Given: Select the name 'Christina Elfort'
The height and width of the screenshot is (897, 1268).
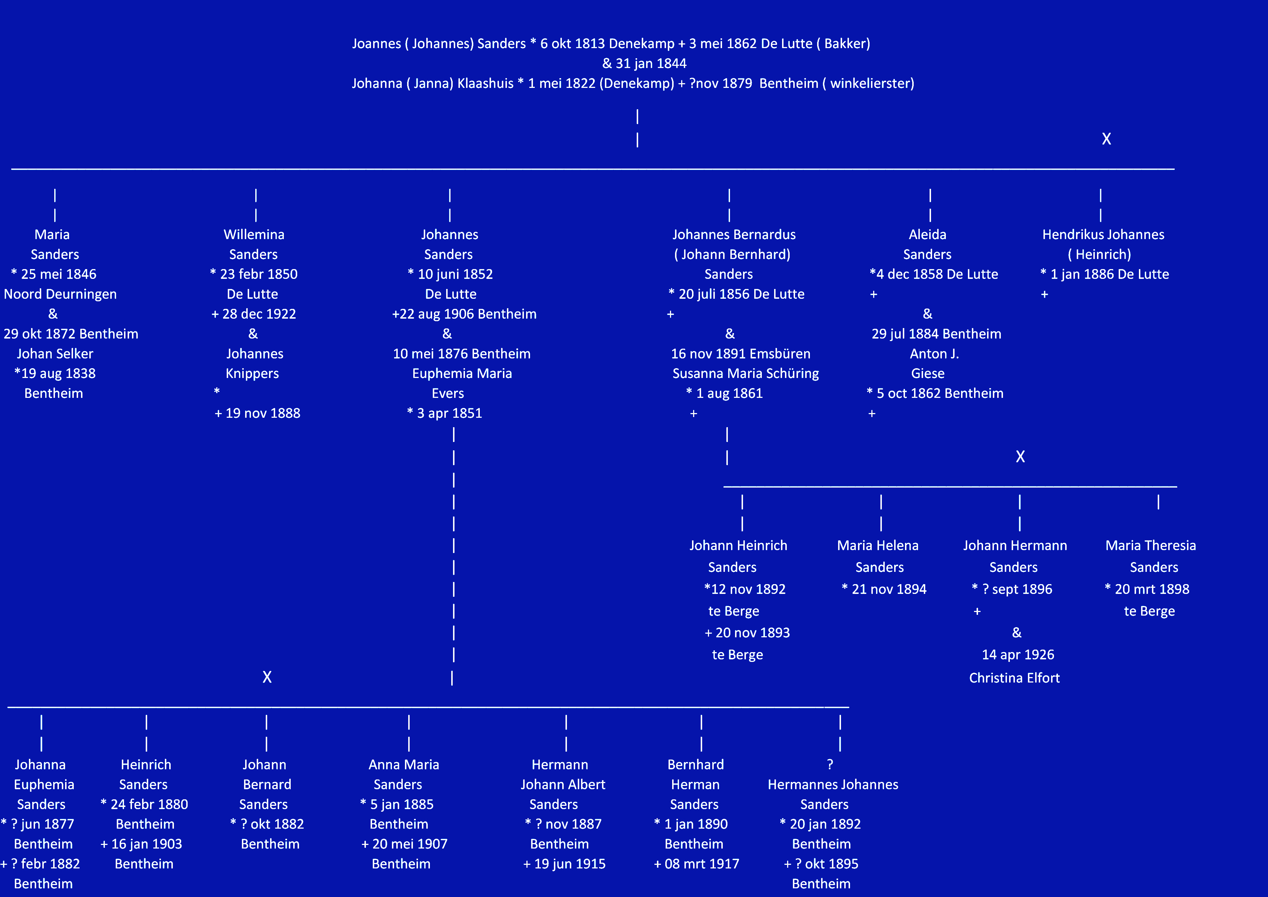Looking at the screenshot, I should (1015, 678).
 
